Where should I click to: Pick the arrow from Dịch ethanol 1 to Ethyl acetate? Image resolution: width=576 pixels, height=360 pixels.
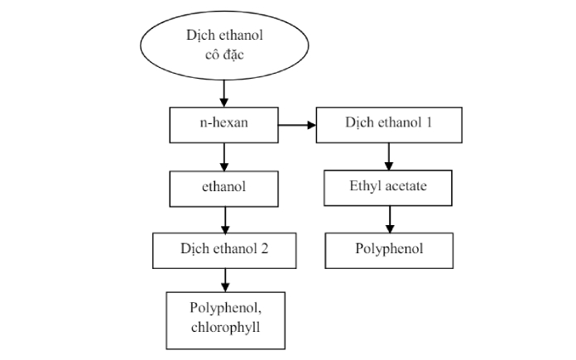[389, 156]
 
